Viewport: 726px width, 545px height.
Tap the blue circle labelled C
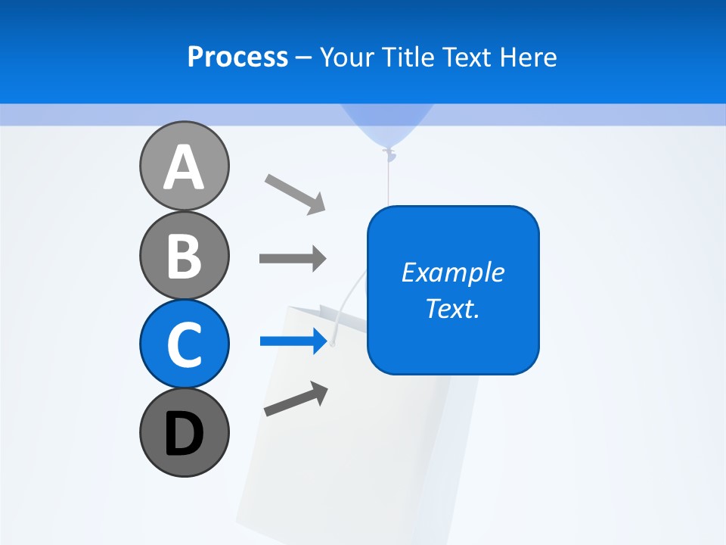pos(184,344)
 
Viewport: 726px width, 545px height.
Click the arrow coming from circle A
pos(295,194)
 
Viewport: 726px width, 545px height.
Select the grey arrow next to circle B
pos(293,259)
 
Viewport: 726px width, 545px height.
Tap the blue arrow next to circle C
pos(293,341)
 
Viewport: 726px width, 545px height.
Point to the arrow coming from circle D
pos(296,400)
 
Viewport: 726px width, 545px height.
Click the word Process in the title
pos(237,58)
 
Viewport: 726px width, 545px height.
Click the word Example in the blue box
pos(452,272)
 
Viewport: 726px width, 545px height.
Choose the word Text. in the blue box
pos(452,309)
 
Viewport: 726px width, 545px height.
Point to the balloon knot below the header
pos(389,155)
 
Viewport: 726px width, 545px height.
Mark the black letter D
pos(184,434)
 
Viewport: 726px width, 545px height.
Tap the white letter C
pos(184,344)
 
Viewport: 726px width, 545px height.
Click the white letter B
pos(184,256)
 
